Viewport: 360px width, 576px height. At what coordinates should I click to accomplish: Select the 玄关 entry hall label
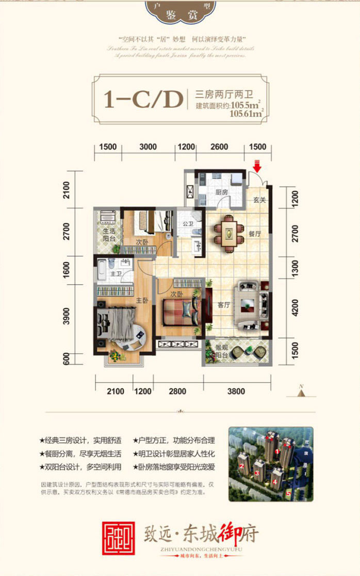259,200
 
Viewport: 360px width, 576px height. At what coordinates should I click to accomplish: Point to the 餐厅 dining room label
254,234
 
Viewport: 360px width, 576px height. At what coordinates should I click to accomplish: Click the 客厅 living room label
223,305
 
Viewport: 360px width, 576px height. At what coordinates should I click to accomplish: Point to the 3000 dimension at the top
148,147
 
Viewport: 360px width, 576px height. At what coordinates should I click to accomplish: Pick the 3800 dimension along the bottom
236,391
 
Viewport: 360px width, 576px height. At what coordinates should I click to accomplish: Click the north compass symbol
301,391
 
